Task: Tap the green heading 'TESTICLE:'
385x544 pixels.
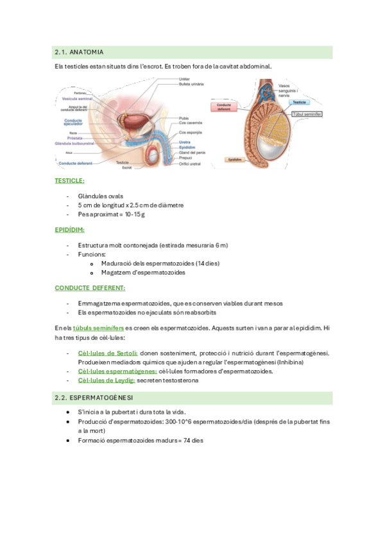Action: pos(69,181)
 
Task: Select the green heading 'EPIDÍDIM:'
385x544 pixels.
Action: pos(69,230)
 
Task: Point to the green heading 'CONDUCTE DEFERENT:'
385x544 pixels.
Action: pos(90,288)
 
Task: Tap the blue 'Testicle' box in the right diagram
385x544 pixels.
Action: pos(298,102)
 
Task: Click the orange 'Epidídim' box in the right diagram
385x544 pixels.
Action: pos(233,159)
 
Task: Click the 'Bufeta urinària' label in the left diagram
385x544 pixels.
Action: pos(191,84)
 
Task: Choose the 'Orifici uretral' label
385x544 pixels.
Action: pos(190,164)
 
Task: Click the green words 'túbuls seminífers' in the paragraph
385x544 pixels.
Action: pos(98,328)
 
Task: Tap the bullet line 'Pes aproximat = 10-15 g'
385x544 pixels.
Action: pos(112,214)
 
